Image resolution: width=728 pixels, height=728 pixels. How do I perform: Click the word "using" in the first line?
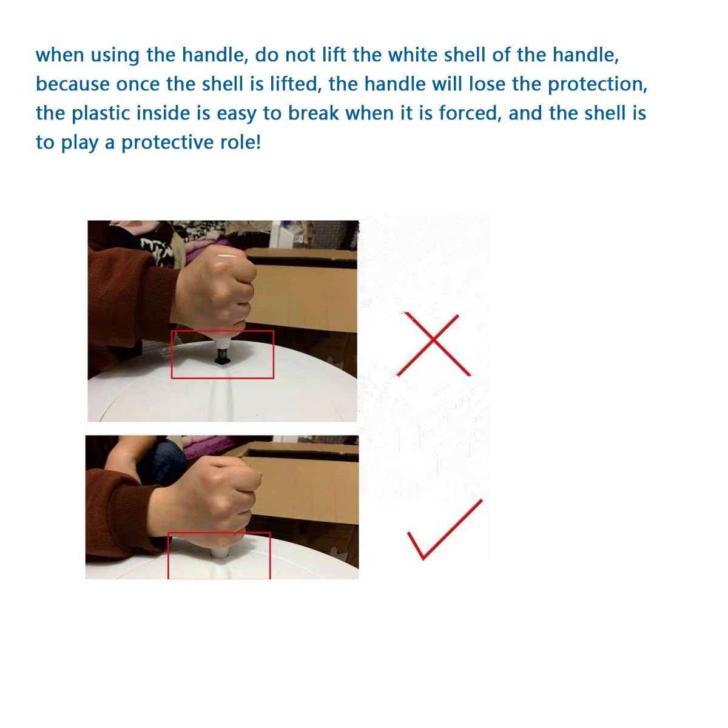[x=115, y=56]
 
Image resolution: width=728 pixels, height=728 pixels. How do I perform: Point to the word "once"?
[x=138, y=84]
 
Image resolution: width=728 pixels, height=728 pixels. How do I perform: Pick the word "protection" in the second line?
[x=598, y=84]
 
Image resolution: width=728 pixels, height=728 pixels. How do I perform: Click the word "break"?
[x=313, y=113]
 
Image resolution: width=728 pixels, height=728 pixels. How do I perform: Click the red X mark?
[x=433, y=344]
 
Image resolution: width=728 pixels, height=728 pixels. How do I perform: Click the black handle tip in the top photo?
[x=222, y=356]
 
